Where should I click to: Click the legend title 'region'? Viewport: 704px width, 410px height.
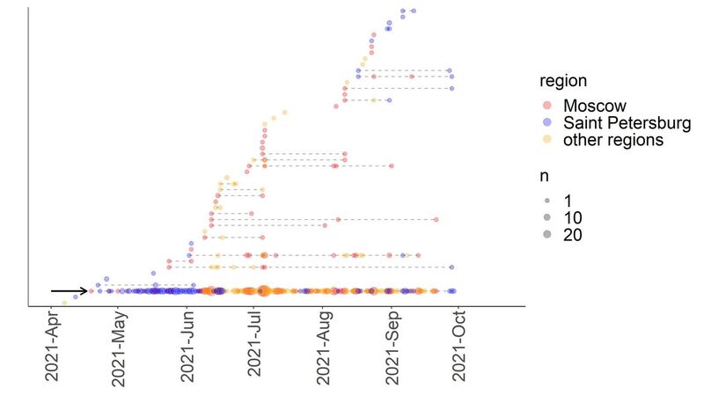(x=564, y=81)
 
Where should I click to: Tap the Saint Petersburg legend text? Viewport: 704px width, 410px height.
(x=627, y=122)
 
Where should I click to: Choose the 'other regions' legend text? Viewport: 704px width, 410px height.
(x=613, y=139)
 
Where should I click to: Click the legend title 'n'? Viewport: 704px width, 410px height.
(x=546, y=176)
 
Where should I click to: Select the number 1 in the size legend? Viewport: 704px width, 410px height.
(x=568, y=201)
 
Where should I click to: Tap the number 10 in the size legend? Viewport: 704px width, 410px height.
(x=573, y=217)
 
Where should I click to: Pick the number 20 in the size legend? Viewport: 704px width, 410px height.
(x=573, y=234)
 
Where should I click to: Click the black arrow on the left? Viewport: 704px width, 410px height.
(x=69, y=290)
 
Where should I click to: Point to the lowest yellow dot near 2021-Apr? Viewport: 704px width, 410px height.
(x=64, y=304)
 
